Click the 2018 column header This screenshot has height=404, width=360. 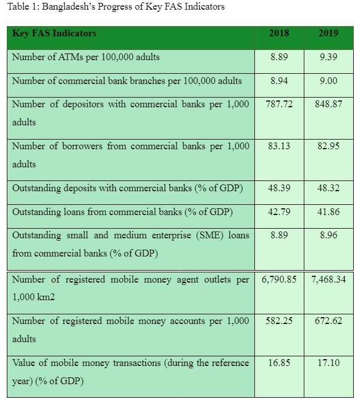click(279, 33)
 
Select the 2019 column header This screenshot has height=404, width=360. click(328, 33)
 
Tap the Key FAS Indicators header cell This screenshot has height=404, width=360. click(55, 33)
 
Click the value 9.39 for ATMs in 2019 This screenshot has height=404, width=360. click(328, 57)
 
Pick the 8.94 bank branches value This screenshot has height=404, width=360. click(279, 81)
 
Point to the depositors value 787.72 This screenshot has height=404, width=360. click(279, 104)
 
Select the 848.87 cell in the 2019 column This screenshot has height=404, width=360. click(328, 104)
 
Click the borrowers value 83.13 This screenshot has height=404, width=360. click(279, 146)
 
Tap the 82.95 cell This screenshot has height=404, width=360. click(328, 146)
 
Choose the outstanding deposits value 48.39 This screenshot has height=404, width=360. click(279, 188)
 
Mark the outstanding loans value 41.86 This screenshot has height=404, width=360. click(328, 212)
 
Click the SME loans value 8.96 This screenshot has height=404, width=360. click(328, 235)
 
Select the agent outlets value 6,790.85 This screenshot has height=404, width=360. click(279, 279)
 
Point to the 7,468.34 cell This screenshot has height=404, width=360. click(328, 279)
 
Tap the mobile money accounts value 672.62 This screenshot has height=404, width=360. click(328, 321)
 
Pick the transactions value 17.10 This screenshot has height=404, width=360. click(328, 363)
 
